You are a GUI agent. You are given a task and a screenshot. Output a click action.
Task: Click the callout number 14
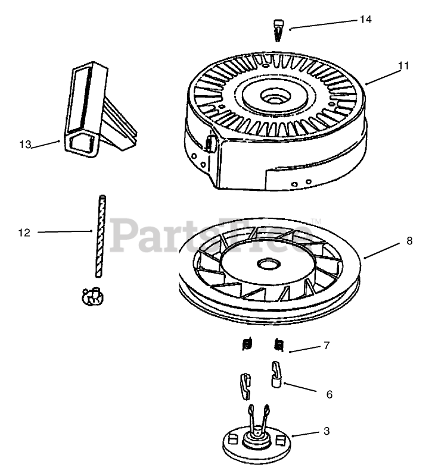pyautogui.click(x=365, y=20)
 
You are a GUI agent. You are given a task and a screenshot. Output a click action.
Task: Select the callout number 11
pyautogui.click(x=403, y=66)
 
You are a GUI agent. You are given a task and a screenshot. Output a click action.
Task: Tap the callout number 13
pyautogui.click(x=24, y=145)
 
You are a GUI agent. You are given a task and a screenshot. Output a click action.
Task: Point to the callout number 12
pyautogui.click(x=24, y=233)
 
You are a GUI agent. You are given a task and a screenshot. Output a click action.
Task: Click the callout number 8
pyautogui.click(x=409, y=241)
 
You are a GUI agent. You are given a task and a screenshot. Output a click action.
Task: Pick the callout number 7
pyautogui.click(x=326, y=346)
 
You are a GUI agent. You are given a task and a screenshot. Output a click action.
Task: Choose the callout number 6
pyautogui.click(x=329, y=394)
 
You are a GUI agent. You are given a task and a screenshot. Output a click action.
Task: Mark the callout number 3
pyautogui.click(x=326, y=432)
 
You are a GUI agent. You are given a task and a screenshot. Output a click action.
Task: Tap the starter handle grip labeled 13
pyautogui.click(x=83, y=113)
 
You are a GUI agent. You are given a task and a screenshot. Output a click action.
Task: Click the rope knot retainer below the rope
pyautogui.click(x=91, y=296)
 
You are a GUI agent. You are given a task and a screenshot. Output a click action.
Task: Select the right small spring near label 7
pyautogui.click(x=278, y=344)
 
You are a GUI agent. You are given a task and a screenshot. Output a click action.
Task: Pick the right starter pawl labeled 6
pyautogui.click(x=276, y=375)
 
